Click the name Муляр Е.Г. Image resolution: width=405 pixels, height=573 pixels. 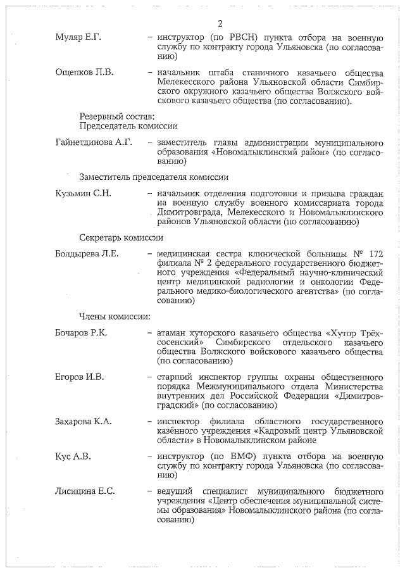(x=78, y=37)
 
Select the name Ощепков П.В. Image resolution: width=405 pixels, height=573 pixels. (x=85, y=72)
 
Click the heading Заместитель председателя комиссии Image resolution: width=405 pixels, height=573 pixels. (x=154, y=177)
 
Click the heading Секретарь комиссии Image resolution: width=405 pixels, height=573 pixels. (x=121, y=237)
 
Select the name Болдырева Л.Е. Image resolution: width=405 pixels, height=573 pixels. (x=87, y=255)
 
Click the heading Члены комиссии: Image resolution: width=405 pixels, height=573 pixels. (x=115, y=316)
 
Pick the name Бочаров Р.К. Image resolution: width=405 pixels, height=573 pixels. (x=82, y=333)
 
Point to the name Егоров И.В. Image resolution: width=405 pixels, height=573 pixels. (x=80, y=378)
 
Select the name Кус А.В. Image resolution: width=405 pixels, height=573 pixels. (x=73, y=456)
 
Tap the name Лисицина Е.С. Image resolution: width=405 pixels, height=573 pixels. (x=85, y=491)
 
